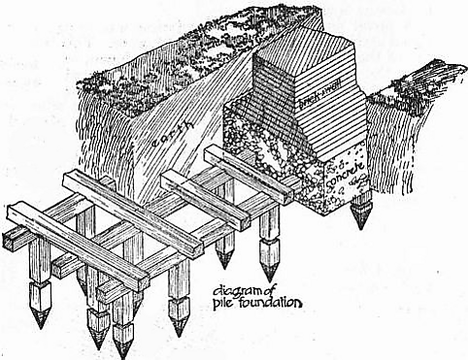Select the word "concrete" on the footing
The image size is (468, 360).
click(346, 176)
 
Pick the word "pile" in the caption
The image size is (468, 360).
click(221, 304)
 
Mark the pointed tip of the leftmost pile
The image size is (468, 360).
click(41, 327)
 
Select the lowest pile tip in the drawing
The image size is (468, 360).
click(122, 356)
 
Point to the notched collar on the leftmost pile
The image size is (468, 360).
click(40, 286)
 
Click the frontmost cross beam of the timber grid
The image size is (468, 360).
click(78, 245)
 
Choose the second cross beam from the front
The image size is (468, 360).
click(133, 214)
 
